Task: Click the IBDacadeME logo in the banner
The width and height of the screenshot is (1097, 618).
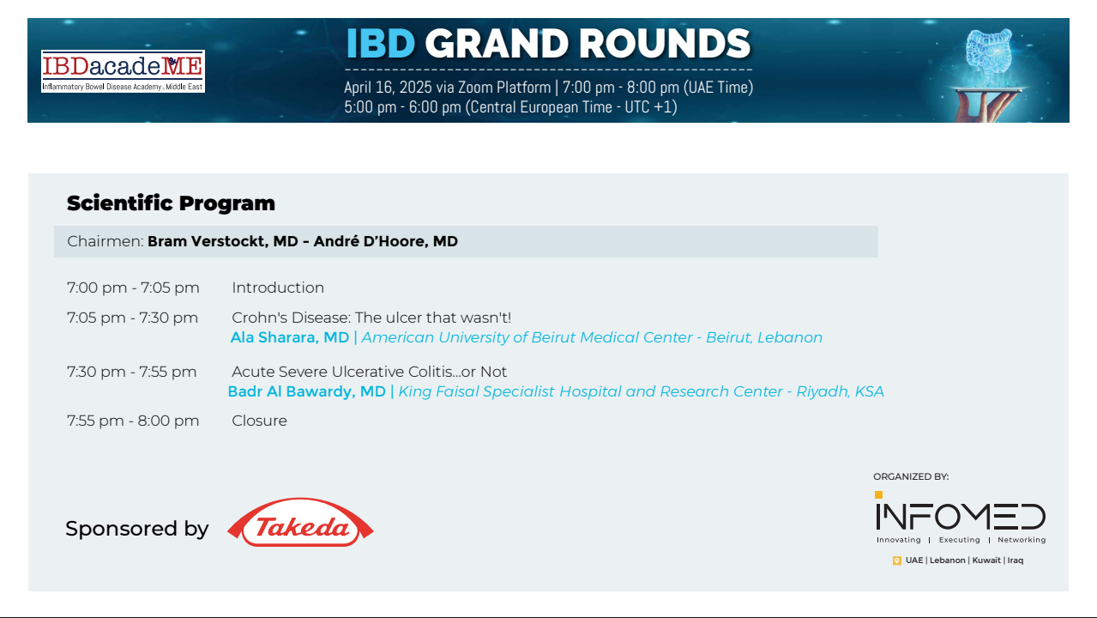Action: [x=123, y=71]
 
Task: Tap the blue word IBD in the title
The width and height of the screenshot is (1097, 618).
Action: [x=381, y=44]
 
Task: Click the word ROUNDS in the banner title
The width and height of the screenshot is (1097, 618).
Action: [x=665, y=44]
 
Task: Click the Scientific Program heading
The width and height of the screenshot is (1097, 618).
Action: [x=171, y=203]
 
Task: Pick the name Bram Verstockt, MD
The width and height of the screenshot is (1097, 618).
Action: [x=223, y=241]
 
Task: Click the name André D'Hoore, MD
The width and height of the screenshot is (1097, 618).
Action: [x=386, y=241]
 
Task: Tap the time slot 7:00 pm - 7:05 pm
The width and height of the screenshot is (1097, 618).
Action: [x=133, y=288]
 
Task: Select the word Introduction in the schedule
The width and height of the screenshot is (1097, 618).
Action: [x=278, y=288]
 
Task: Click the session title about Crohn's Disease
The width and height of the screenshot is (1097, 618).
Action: [x=371, y=318]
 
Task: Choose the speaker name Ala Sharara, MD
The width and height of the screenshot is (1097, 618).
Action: [x=289, y=337]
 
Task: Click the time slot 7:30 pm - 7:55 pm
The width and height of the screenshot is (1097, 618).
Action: [x=132, y=372]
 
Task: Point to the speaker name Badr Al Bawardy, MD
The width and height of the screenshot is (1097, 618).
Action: [x=306, y=391]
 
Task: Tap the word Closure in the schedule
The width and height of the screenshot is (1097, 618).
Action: [x=259, y=421]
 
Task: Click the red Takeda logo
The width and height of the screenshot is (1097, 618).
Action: [x=300, y=523]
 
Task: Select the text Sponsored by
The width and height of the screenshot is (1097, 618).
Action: [x=137, y=529]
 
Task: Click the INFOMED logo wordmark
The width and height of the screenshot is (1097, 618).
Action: [x=961, y=517]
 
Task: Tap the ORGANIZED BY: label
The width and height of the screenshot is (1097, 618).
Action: [x=911, y=477]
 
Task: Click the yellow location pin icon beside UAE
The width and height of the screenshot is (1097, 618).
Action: [x=896, y=560]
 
